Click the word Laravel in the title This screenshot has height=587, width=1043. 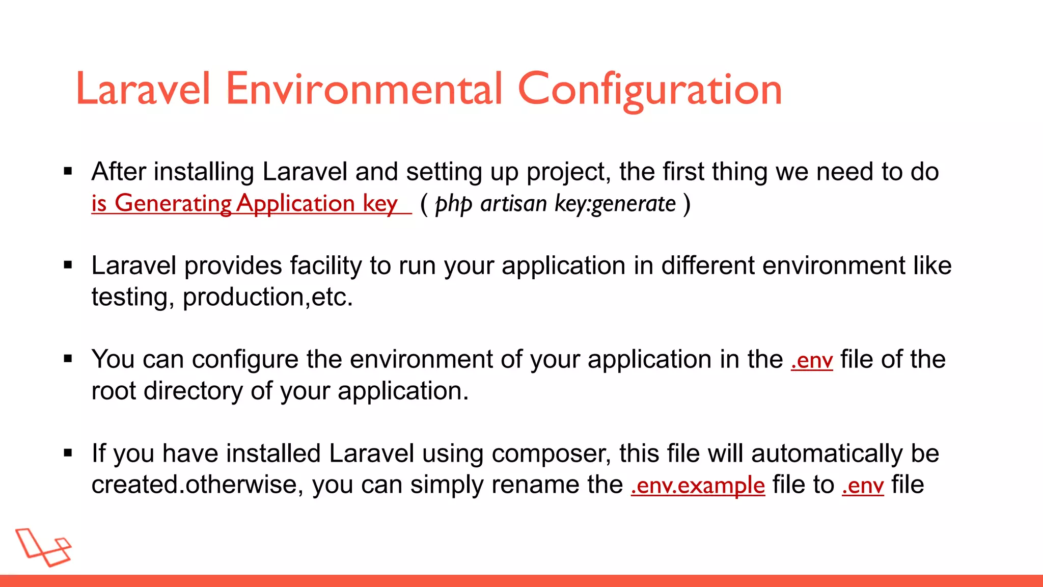(x=143, y=89)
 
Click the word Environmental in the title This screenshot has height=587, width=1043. (x=364, y=89)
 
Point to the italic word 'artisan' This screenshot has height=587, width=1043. (x=513, y=204)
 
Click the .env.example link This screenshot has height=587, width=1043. (x=697, y=485)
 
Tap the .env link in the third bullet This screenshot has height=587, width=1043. (x=812, y=360)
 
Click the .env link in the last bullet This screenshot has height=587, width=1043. (x=863, y=485)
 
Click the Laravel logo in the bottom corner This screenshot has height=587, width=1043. (x=43, y=547)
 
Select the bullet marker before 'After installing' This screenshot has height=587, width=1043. (x=68, y=171)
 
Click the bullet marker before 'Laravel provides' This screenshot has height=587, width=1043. (x=68, y=265)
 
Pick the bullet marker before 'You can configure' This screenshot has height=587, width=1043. (x=68, y=359)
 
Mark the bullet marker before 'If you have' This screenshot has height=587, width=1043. (x=68, y=452)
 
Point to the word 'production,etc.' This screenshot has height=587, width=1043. (x=267, y=297)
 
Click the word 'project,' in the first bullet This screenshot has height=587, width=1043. (x=568, y=172)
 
